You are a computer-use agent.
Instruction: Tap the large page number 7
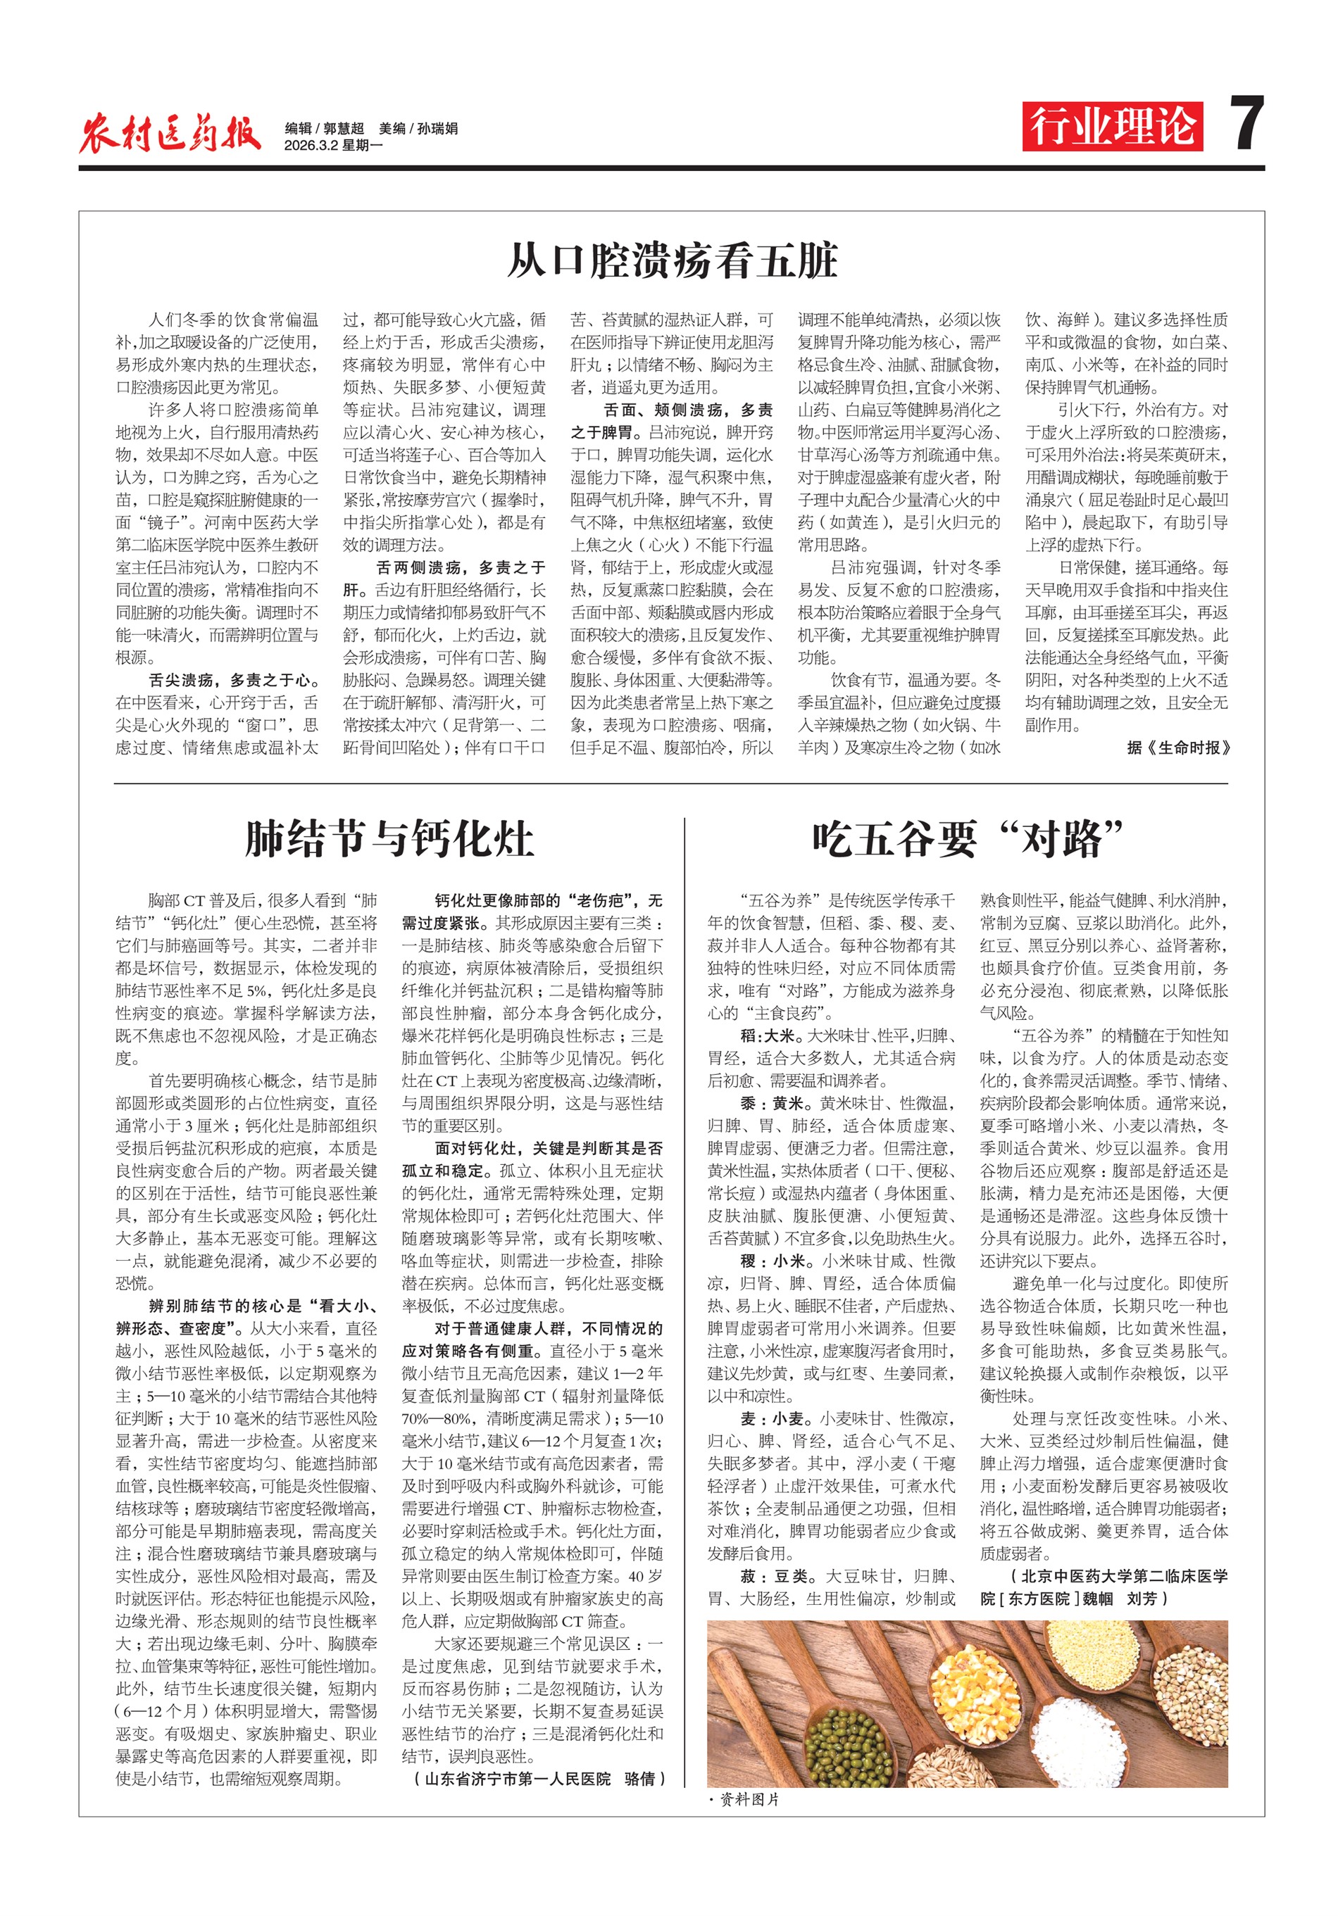(1246, 125)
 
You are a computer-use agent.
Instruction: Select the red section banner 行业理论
(1112, 127)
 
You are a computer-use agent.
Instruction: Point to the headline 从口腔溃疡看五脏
(672, 261)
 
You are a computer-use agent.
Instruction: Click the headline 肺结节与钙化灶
(389, 838)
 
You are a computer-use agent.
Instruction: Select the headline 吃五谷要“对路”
(968, 838)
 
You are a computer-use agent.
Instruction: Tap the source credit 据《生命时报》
(1177, 748)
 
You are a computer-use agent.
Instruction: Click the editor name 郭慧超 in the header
(344, 129)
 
